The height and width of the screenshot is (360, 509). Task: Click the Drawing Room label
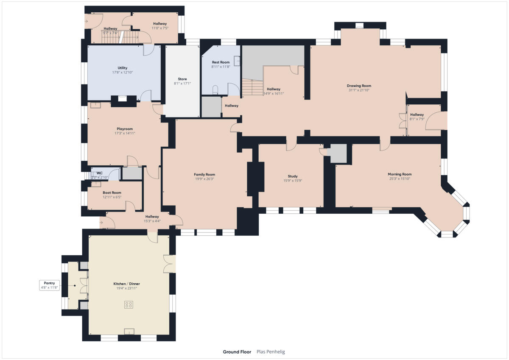point(359,86)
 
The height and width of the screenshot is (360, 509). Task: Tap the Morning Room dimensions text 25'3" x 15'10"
point(400,179)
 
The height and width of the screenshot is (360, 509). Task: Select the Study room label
point(293,176)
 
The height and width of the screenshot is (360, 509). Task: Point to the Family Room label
point(204,174)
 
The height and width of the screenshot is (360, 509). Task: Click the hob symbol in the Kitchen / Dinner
point(129,304)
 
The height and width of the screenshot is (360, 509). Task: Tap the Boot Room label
point(112,193)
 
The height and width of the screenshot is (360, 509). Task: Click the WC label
point(100,173)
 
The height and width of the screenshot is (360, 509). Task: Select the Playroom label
point(125,129)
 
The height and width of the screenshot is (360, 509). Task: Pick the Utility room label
point(122,68)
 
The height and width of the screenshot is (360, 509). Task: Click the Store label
point(182,79)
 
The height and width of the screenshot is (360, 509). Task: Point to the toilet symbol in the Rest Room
point(215,89)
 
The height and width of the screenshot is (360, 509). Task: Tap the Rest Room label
point(221,62)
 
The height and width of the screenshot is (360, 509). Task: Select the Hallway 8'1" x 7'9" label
point(417,114)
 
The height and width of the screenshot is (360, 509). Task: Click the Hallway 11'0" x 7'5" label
point(160,24)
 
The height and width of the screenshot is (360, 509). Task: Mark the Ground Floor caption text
point(237,352)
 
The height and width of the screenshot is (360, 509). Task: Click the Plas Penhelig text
point(270,352)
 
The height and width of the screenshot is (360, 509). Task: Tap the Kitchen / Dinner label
point(126,284)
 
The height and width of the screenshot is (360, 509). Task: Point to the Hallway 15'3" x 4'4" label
point(152,216)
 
